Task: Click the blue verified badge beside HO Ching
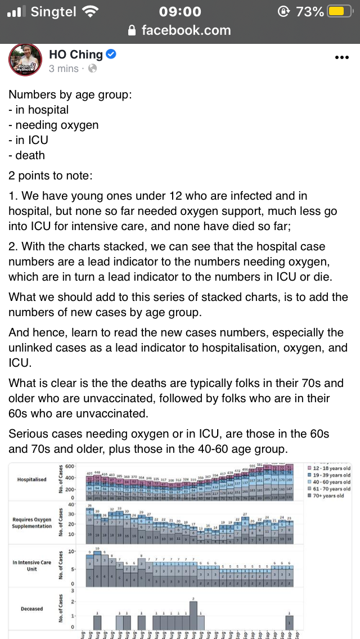[x=111, y=54]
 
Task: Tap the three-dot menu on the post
[x=342, y=57]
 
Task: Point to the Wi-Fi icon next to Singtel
[x=89, y=11]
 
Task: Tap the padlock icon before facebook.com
[x=133, y=30]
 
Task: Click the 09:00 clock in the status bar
[x=180, y=11]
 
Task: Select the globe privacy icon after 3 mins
[x=92, y=69]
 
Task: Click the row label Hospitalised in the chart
[x=31, y=480]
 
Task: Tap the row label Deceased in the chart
[x=31, y=609]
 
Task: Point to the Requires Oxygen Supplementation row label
[x=31, y=523]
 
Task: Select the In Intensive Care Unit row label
[x=31, y=565]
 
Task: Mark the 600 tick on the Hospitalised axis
[x=70, y=467]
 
